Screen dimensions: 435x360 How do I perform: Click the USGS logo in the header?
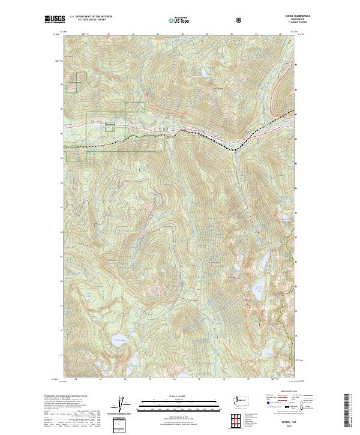click(x=55, y=20)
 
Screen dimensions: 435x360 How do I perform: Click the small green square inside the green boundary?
click(x=110, y=127)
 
